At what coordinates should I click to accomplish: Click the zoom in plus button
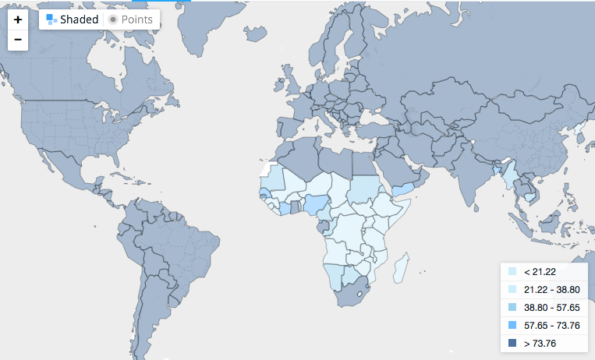coord(17,19)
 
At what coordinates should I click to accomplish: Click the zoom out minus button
coord(17,39)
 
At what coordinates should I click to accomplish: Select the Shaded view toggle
coord(72,19)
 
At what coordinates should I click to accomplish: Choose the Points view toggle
coord(133,19)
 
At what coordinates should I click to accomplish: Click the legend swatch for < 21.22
coord(512,272)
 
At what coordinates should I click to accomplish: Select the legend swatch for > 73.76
coord(512,344)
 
